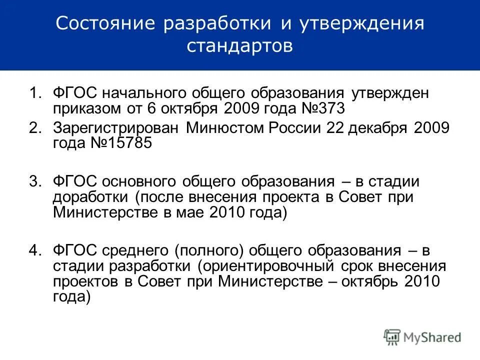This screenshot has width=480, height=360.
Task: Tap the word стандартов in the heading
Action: click(240, 46)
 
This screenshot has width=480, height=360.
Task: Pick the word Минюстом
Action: click(225, 128)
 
